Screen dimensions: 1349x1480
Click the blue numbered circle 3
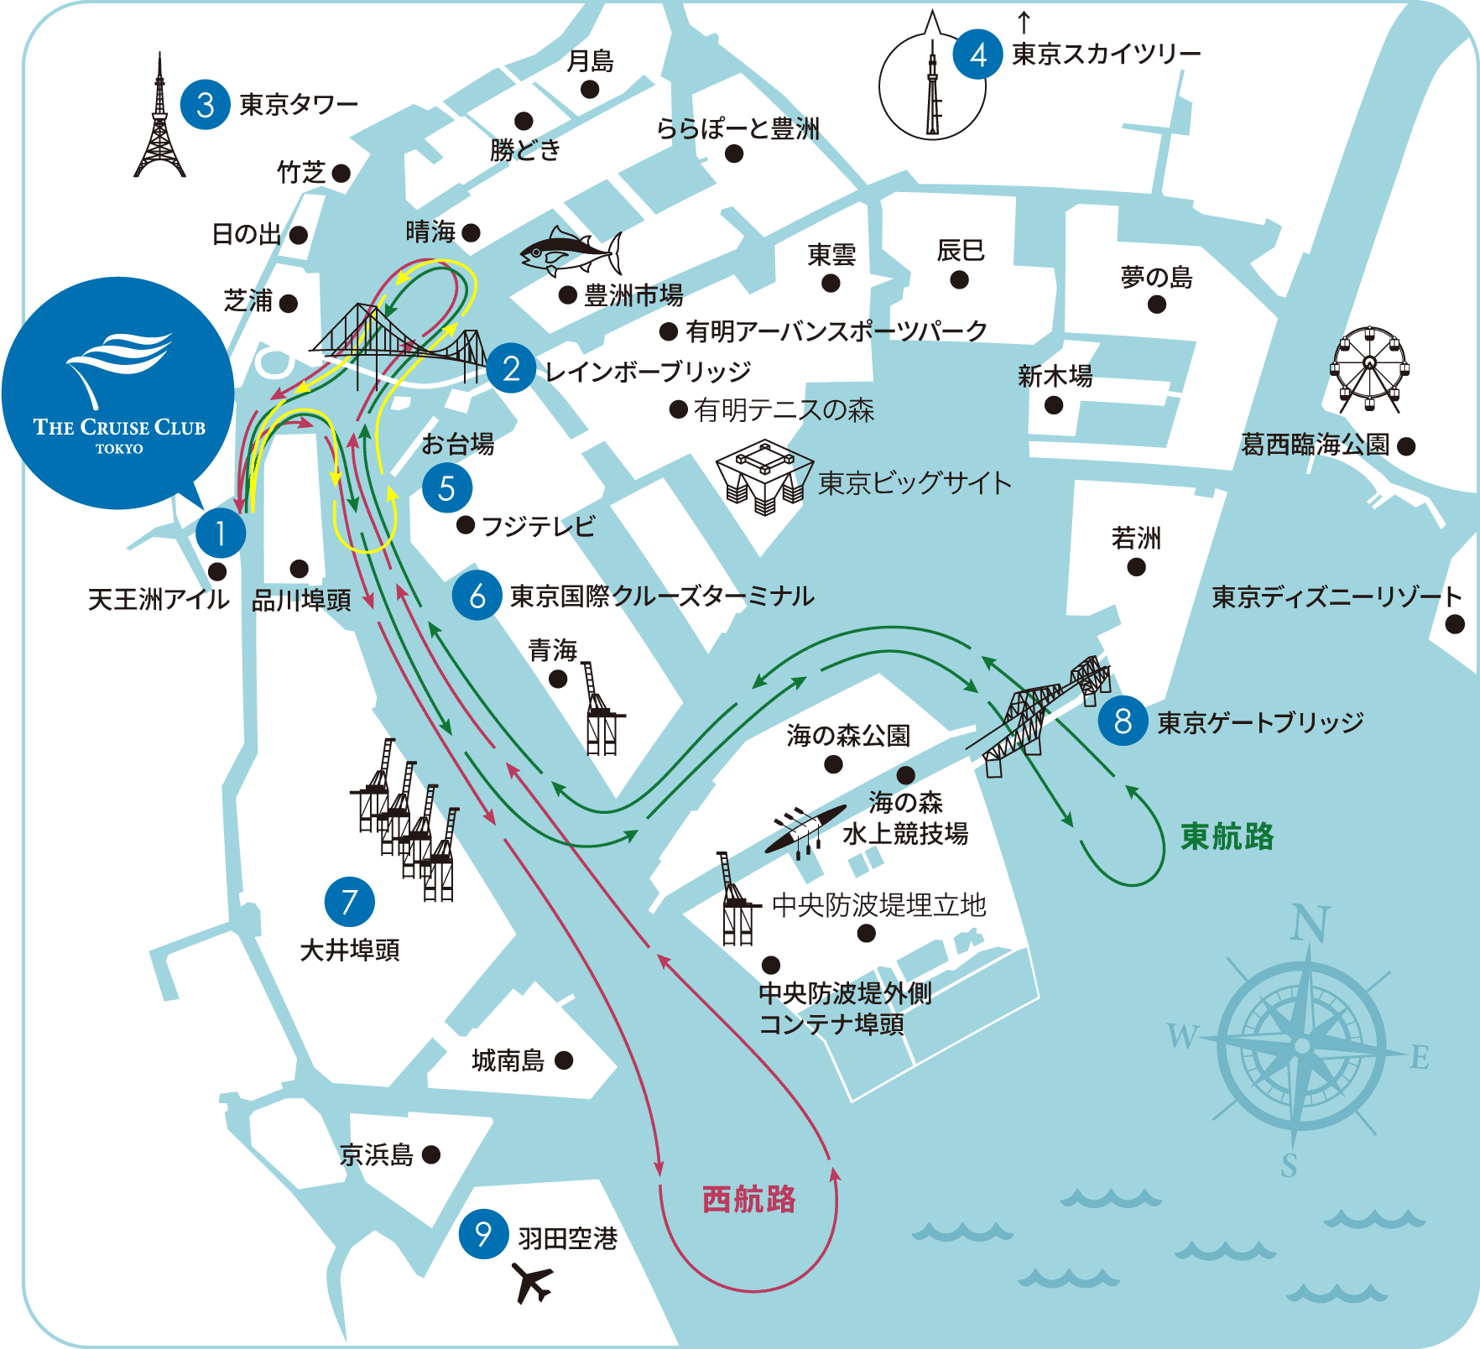(205, 105)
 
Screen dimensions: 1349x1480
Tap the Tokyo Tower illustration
(159, 122)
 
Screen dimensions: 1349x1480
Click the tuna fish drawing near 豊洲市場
(571, 251)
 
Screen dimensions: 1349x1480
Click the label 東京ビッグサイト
(915, 483)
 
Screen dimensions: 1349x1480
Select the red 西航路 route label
(748, 1200)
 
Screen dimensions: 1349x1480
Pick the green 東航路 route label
(1227, 836)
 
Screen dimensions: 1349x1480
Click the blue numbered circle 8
(1123, 721)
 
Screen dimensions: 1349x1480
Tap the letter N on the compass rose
(1310, 924)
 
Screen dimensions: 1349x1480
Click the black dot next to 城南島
(564, 1060)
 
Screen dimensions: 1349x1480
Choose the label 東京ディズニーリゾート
(1337, 596)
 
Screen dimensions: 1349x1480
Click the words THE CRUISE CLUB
(119, 427)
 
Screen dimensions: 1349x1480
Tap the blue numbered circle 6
(477, 596)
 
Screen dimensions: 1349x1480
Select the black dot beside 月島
(590, 89)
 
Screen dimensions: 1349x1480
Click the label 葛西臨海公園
(1315, 445)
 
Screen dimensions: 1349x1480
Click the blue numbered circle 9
(483, 1234)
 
